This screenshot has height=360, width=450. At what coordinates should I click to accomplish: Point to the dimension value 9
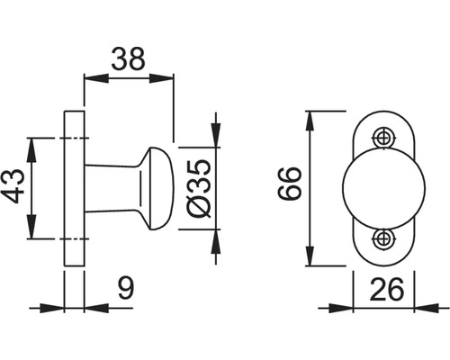click(x=127, y=289)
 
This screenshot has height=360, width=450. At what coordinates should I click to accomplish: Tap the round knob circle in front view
click(x=373, y=188)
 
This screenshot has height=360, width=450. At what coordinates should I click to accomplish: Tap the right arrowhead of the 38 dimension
click(x=167, y=77)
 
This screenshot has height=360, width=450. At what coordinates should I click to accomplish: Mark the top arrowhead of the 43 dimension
click(x=33, y=143)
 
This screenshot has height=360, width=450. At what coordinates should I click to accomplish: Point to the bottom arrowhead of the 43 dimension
click(x=33, y=233)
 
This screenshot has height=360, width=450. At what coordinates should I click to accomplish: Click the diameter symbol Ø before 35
click(x=200, y=206)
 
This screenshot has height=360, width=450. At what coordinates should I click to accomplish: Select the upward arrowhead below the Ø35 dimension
click(x=216, y=237)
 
